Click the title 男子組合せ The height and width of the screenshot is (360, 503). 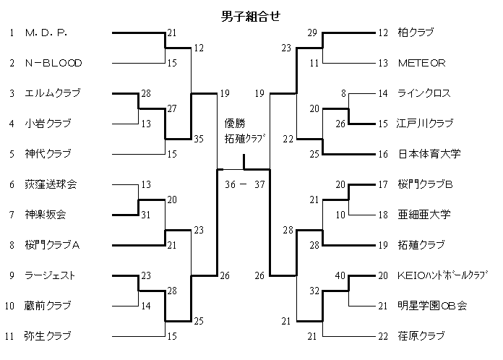250,15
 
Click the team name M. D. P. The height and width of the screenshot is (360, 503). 46,33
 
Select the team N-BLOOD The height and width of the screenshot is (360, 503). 53,63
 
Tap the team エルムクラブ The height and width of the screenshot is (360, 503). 53,93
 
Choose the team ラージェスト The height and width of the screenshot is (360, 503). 50,275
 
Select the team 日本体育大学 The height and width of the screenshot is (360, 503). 429,154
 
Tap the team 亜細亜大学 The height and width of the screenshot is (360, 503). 424,215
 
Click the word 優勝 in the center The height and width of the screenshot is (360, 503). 235,124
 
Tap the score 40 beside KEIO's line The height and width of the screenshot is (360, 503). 340,275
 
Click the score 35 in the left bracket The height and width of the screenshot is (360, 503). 199,140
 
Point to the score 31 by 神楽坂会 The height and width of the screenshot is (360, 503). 146,215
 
